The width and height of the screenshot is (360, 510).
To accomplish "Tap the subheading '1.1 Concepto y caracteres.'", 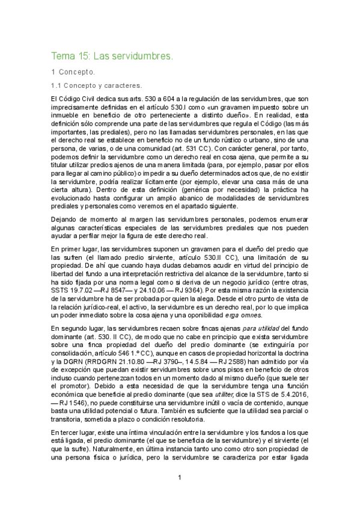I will point(96,85).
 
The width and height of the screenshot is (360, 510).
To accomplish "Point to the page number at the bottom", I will point(179,478).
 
